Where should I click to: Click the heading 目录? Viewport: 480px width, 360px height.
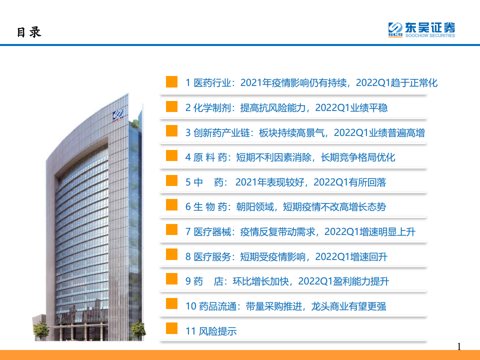tap(29, 32)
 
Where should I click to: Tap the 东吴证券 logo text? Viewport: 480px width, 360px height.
tap(430, 27)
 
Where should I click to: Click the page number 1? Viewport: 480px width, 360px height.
tap(459, 346)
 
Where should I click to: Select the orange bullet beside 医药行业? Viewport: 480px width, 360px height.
tap(171, 81)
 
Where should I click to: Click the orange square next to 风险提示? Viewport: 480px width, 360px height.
tap(171, 328)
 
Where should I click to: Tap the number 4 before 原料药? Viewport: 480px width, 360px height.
tap(188, 157)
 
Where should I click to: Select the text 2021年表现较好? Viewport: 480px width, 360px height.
tap(269, 182)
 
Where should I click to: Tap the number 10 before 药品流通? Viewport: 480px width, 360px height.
tap(190, 306)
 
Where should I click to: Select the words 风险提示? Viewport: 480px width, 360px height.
tap(217, 331)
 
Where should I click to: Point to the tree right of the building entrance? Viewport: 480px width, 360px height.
tap(138, 330)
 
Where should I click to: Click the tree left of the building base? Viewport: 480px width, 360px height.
tap(40, 330)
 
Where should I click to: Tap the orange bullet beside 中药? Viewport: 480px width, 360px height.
tap(171, 180)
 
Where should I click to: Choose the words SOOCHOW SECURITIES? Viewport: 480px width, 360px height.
tap(430, 35)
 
